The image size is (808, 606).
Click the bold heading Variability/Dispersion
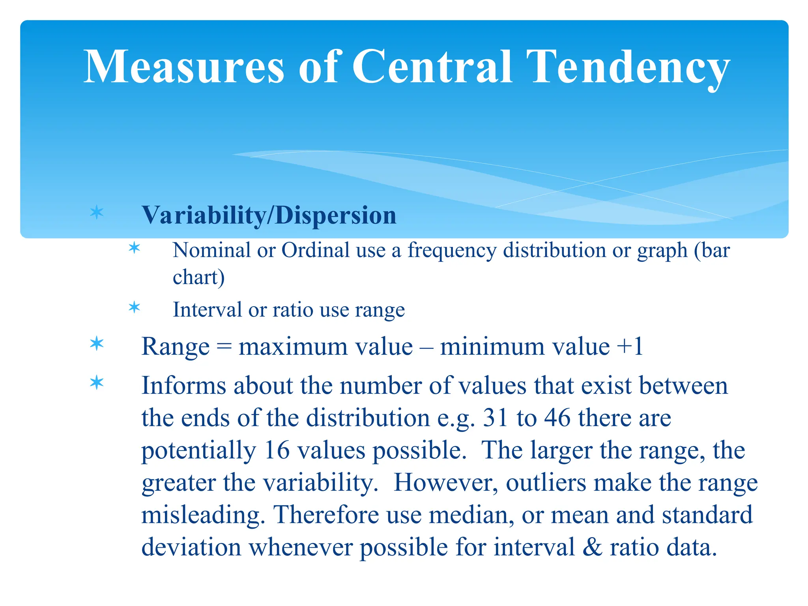[269, 215]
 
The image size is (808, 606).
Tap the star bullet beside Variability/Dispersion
[97, 213]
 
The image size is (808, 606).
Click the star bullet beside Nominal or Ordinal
[135, 248]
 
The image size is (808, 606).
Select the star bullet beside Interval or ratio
[135, 307]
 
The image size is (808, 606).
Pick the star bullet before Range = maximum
[97, 344]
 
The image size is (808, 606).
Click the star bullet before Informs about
[97, 383]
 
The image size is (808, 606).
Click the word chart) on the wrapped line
[198, 277]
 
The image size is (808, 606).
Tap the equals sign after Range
[224, 347]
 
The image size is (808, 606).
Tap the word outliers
[546, 483]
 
